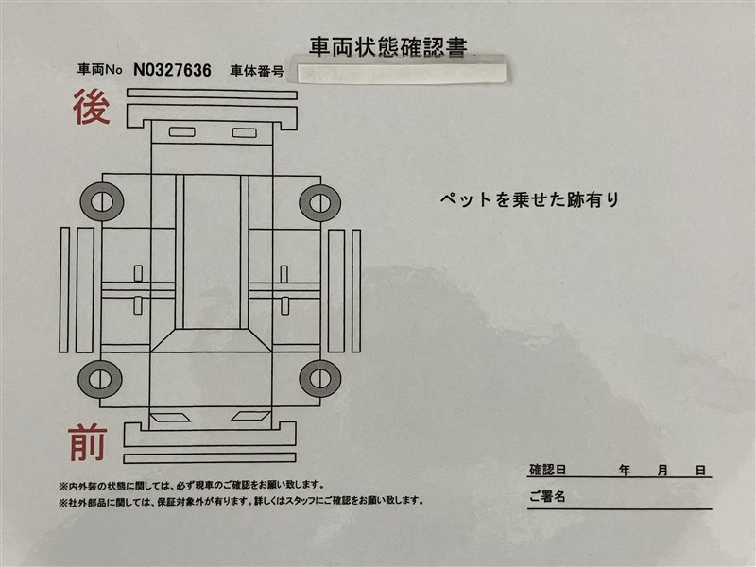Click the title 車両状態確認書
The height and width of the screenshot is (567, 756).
click(x=388, y=46)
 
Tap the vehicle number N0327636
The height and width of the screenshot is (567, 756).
click(x=172, y=70)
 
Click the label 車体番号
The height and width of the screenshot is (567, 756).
click(x=257, y=72)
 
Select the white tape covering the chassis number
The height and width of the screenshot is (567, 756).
click(x=402, y=73)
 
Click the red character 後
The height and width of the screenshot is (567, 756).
click(x=92, y=107)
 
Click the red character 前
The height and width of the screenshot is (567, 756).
click(x=87, y=442)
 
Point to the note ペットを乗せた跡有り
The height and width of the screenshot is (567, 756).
click(x=529, y=199)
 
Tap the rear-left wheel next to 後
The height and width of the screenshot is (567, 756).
click(x=102, y=201)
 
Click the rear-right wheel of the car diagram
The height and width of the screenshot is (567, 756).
click(x=320, y=202)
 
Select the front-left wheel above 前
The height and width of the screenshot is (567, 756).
click(x=100, y=379)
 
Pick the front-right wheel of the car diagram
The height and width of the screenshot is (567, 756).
click(x=320, y=379)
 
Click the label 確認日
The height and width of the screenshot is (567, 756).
click(x=547, y=470)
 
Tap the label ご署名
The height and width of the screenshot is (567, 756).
click(x=547, y=495)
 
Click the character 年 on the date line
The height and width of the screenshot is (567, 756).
click(x=625, y=470)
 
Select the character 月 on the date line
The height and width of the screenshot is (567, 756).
click(x=662, y=470)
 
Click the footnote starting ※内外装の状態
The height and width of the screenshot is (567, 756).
click(x=192, y=485)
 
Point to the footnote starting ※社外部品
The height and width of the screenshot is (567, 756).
click(x=241, y=501)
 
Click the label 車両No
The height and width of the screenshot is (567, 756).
click(x=100, y=70)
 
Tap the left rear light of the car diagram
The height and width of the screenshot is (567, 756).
click(x=181, y=132)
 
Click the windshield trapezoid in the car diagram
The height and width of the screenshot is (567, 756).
click(x=211, y=340)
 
